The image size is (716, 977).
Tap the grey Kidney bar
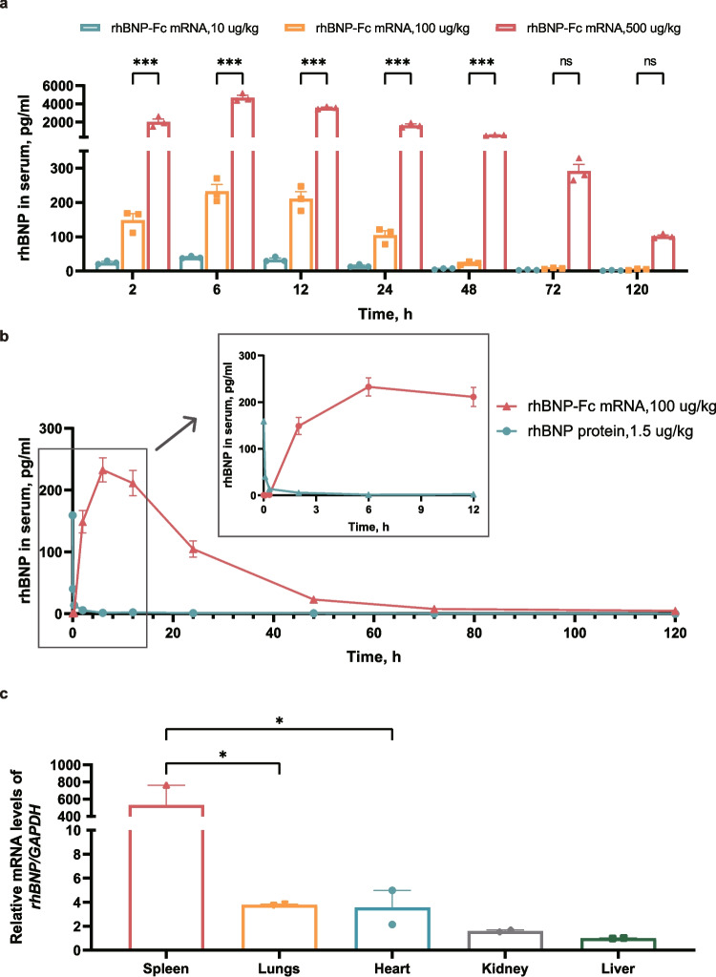pyautogui.click(x=505, y=941)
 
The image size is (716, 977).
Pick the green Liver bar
pyautogui.click(x=618, y=945)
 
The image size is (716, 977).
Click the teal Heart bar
pyautogui.click(x=392, y=929)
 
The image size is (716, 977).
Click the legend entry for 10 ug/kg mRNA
pyautogui.click(x=169, y=28)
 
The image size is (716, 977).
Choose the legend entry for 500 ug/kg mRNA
pyautogui.click(x=587, y=28)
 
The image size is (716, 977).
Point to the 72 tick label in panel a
pyautogui.click(x=553, y=290)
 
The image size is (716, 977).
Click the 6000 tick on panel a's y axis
pyautogui.click(x=58, y=86)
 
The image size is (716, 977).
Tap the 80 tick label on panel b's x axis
pyautogui.click(x=474, y=634)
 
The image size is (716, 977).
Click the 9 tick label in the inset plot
pyautogui.click(x=421, y=509)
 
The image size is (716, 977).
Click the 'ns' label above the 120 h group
pyautogui.click(x=650, y=62)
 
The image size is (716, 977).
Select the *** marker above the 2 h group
pyautogui.click(x=145, y=62)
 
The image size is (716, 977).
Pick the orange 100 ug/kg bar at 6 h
pyautogui.click(x=217, y=231)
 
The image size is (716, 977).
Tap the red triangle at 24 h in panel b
pyautogui.click(x=194, y=549)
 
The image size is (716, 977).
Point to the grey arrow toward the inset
pyautogui.click(x=176, y=434)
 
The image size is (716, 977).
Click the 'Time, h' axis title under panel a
pyautogui.click(x=385, y=313)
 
